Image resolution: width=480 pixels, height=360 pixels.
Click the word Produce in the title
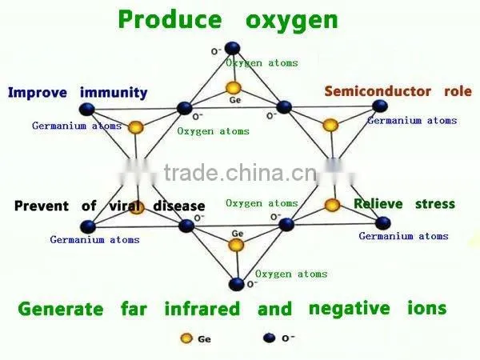(x=170, y=19)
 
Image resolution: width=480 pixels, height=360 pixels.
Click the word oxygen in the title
(x=292, y=22)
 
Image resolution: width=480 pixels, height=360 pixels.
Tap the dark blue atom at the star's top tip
(x=232, y=48)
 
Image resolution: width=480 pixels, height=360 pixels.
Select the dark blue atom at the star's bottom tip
(x=236, y=284)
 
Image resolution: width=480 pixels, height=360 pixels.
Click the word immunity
(x=114, y=93)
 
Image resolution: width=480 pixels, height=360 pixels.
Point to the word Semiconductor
(x=378, y=91)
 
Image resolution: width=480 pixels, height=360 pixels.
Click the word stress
(x=435, y=204)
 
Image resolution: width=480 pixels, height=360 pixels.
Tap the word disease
(x=179, y=206)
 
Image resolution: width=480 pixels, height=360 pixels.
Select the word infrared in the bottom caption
(x=202, y=309)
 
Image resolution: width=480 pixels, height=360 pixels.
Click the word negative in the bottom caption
(x=350, y=309)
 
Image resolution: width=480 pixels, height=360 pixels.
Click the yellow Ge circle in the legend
(x=186, y=338)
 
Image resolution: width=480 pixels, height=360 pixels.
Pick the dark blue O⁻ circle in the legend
(x=269, y=338)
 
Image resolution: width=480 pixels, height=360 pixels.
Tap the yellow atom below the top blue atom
(x=234, y=88)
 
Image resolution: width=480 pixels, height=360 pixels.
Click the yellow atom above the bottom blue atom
(x=236, y=246)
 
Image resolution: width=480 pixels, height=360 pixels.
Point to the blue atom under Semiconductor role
(x=380, y=106)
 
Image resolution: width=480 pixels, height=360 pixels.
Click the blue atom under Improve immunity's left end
(x=87, y=110)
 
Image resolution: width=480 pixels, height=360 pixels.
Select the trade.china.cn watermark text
(x=240, y=174)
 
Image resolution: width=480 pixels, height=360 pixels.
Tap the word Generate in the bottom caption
(x=61, y=309)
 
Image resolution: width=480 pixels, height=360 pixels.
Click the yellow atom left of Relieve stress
(x=332, y=205)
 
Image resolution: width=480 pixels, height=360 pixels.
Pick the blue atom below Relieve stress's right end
(x=382, y=223)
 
